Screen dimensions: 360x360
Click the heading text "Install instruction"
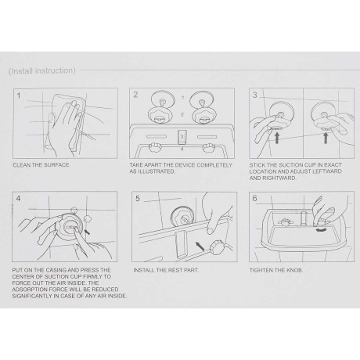(42, 71)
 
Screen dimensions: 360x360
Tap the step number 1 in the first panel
(19, 95)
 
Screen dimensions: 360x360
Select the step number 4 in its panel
(18, 199)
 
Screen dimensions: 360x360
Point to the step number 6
(254, 199)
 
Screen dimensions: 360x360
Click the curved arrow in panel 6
(321, 229)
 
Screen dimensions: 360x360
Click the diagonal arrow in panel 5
(200, 246)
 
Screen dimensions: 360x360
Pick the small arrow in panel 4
(87, 232)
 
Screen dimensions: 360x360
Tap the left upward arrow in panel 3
(277, 138)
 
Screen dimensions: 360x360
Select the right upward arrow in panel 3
(326, 138)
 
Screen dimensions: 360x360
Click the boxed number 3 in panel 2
(182, 136)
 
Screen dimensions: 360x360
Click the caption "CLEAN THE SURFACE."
(41, 165)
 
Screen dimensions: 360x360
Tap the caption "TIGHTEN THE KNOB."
(276, 270)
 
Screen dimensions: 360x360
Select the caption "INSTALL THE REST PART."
(166, 270)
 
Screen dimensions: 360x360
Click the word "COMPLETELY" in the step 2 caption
(214, 165)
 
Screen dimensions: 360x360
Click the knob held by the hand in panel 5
(216, 248)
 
